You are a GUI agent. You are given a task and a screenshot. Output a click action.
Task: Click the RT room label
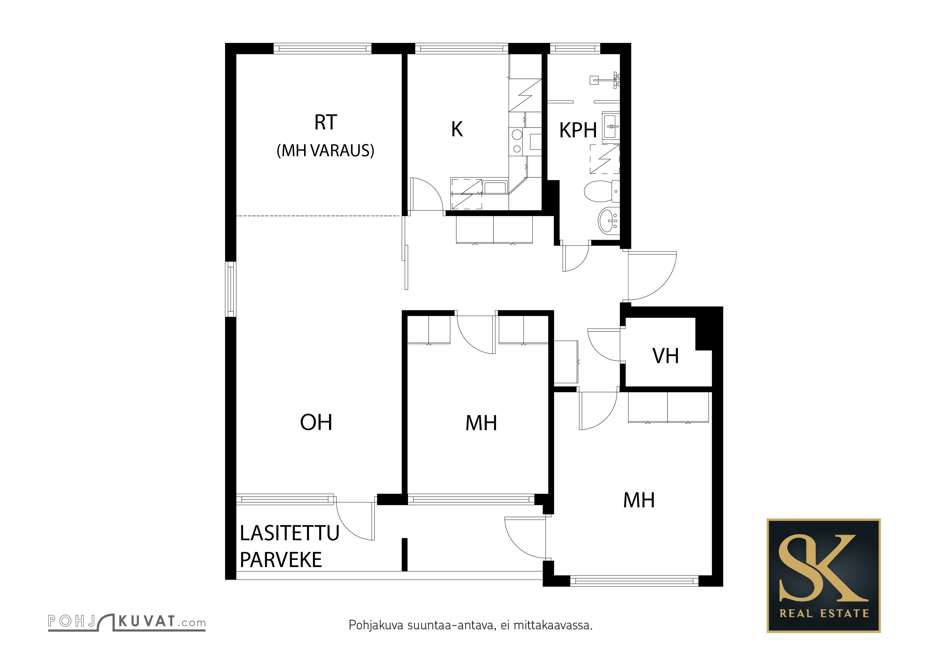(x=326, y=122)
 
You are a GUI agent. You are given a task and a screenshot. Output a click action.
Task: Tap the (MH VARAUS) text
(x=325, y=151)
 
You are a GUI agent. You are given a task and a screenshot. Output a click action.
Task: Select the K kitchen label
(x=457, y=129)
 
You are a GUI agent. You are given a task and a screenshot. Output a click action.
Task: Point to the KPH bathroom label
(x=578, y=130)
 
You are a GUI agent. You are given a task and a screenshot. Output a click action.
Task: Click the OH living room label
(x=316, y=422)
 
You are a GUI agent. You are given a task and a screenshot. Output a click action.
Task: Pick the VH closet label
(x=665, y=356)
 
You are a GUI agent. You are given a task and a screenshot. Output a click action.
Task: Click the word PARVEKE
(x=281, y=560)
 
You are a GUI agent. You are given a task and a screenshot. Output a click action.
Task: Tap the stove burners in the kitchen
(x=516, y=141)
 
